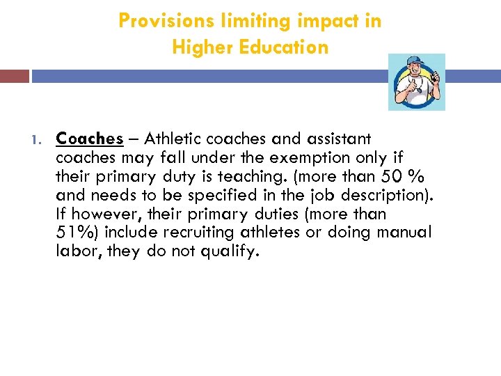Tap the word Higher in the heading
tap(200, 47)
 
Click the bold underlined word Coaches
tap(90, 139)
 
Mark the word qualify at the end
tap(230, 251)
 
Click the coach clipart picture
tap(416, 81)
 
